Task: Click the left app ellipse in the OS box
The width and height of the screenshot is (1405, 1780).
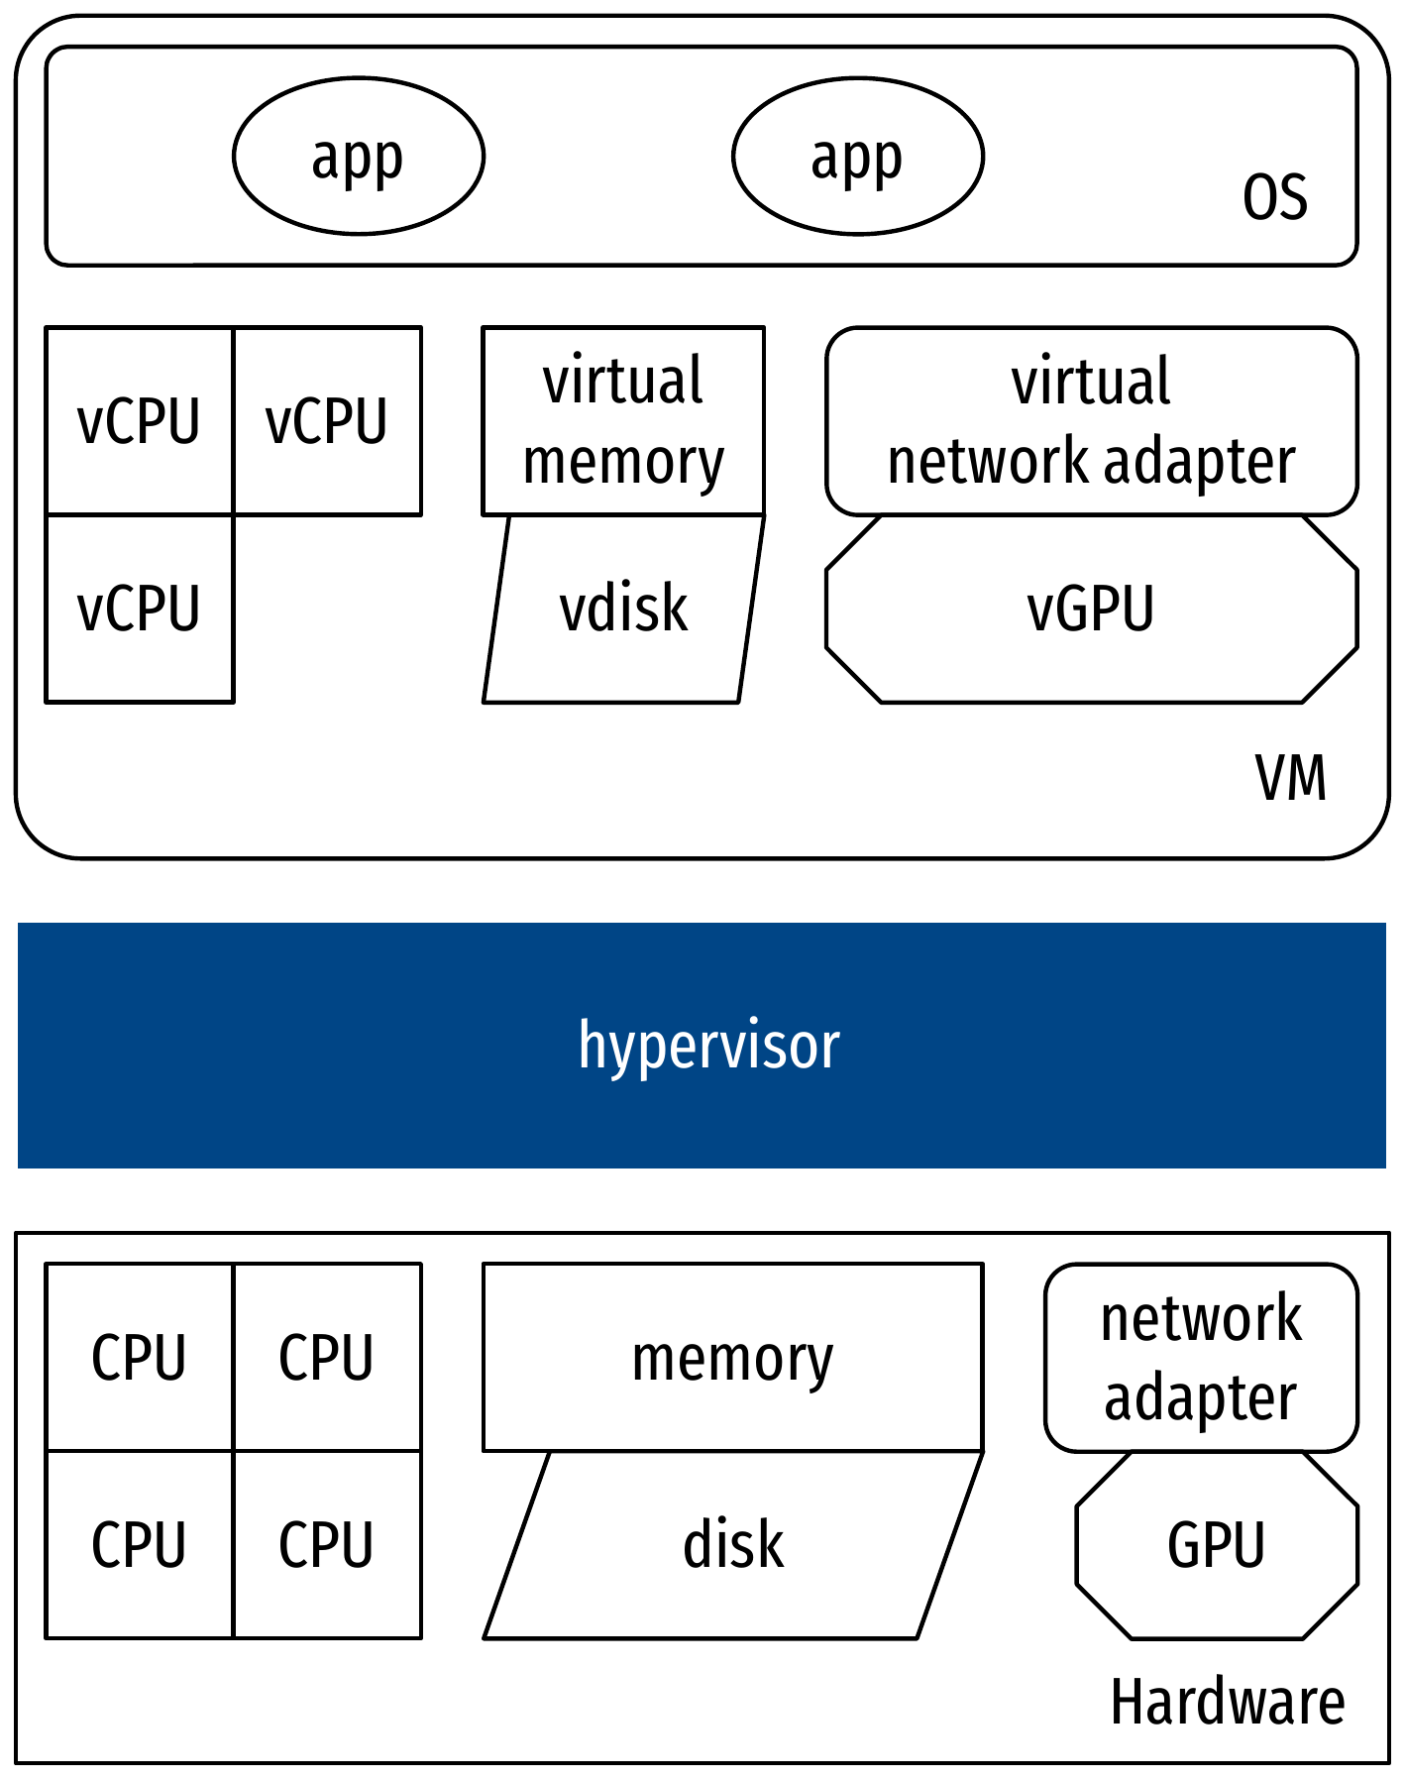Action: point(359,157)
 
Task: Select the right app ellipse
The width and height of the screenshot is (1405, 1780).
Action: point(857,157)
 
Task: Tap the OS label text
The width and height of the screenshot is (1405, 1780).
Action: point(1274,197)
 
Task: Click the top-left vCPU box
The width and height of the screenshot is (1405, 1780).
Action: point(140,421)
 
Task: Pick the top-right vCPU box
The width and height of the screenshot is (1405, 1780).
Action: point(327,421)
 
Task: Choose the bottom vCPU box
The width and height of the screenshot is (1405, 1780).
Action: point(140,609)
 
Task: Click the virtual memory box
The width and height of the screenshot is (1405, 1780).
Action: point(623,421)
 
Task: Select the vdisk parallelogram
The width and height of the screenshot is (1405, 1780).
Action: point(623,609)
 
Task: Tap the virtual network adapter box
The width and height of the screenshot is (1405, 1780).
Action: point(1091,421)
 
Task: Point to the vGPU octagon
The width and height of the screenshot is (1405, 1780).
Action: point(1091,609)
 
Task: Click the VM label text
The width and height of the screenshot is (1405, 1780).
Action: point(1290,778)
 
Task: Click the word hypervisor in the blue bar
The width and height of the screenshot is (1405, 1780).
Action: point(708,1046)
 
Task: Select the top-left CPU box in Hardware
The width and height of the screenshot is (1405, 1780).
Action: point(140,1357)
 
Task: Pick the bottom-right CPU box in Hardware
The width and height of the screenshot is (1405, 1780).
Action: point(327,1544)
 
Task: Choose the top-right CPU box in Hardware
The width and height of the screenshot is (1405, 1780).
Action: point(327,1357)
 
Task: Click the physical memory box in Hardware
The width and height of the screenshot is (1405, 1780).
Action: point(732,1357)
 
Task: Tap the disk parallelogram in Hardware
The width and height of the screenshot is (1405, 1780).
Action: point(732,1544)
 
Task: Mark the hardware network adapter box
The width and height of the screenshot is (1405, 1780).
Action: point(1201,1357)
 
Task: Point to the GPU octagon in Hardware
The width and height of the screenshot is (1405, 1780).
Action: point(1216,1544)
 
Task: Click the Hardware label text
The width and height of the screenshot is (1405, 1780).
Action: point(1228,1702)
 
